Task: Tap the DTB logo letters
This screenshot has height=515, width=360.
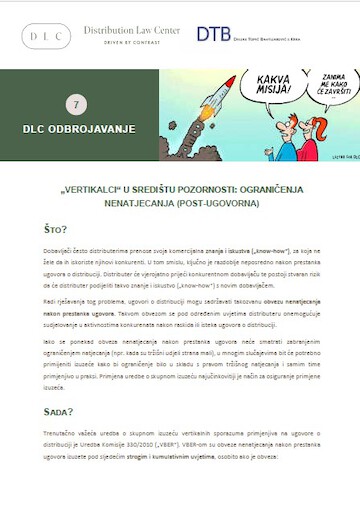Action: click(x=212, y=34)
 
